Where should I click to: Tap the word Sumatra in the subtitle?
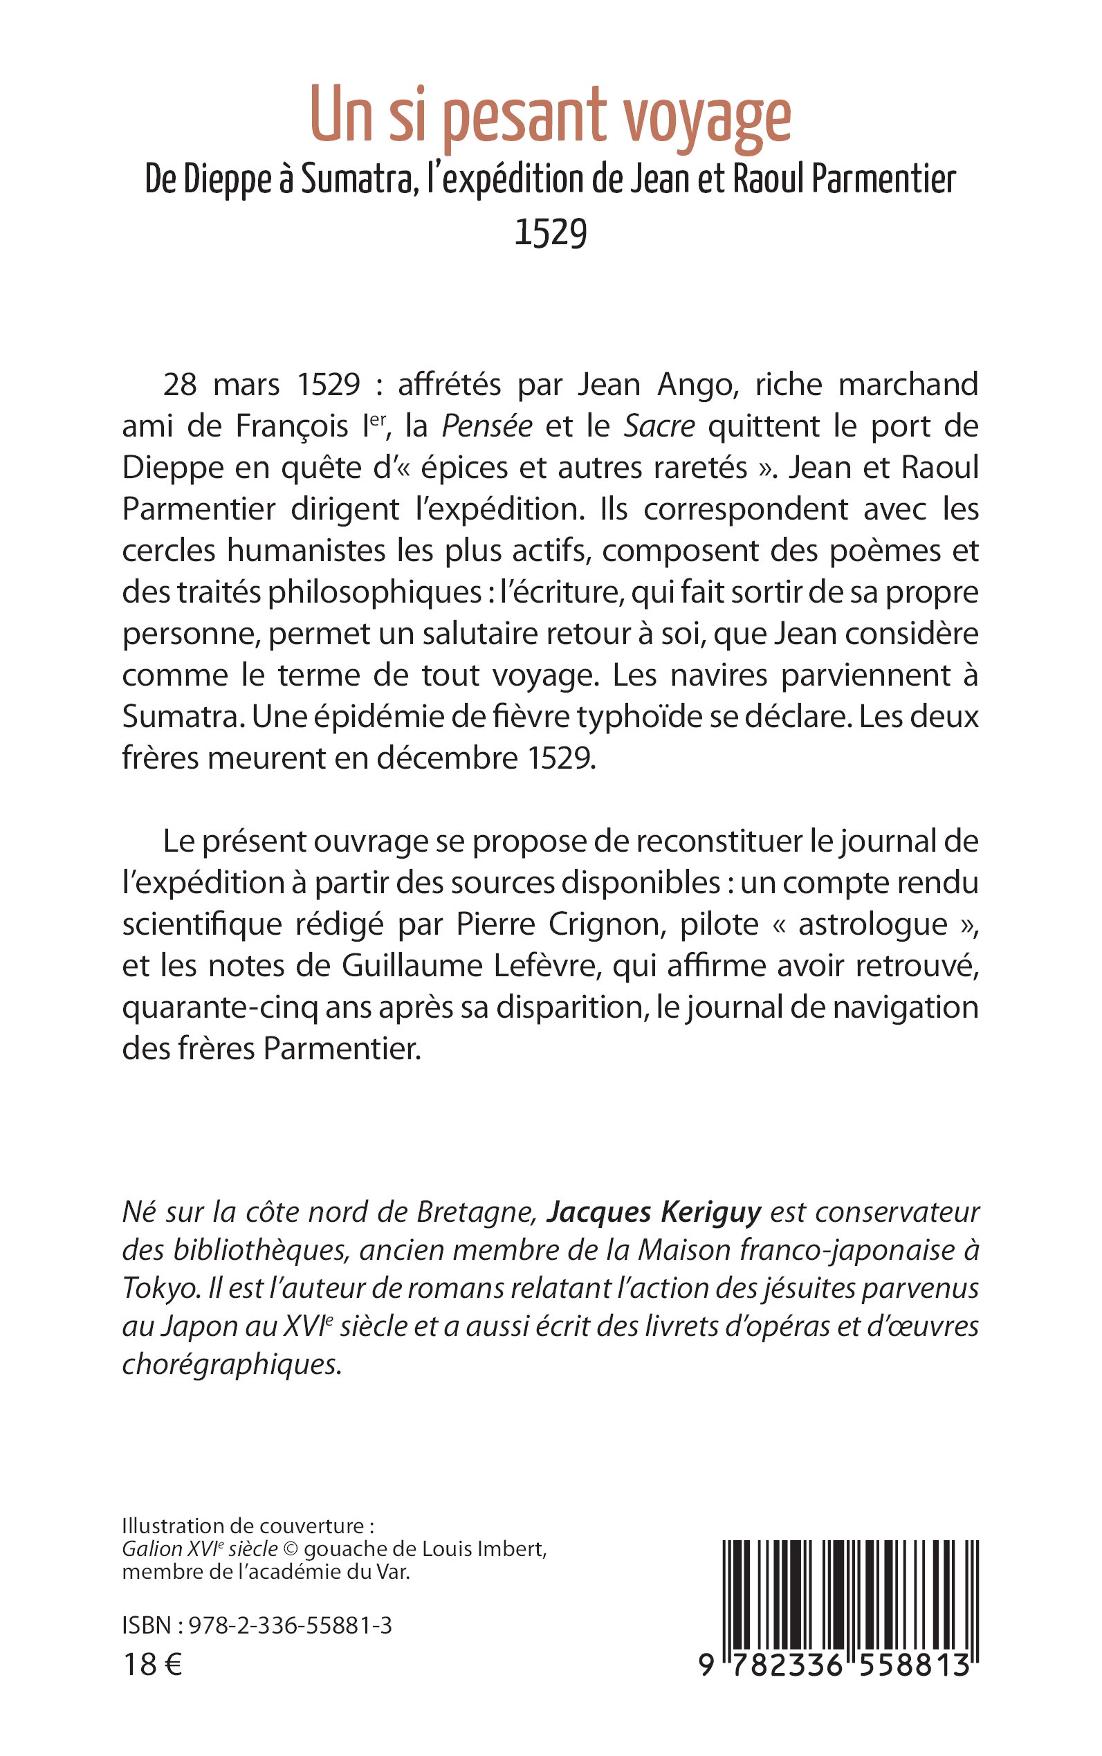point(357,179)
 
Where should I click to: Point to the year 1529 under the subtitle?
point(550,233)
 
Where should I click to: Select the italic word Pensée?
point(487,426)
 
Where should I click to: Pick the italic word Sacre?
point(659,426)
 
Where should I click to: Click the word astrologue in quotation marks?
point(873,924)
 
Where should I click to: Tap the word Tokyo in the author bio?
point(160,1289)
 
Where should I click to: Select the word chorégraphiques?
point(231,1364)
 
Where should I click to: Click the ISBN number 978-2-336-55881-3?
point(290,1625)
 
